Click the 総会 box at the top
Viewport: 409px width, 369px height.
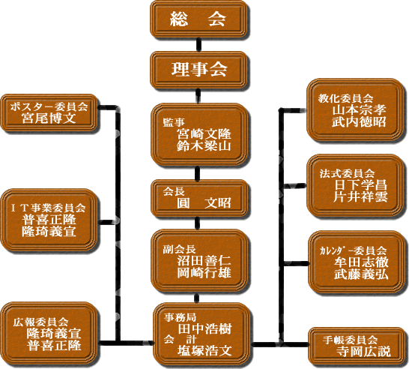pos(199,19)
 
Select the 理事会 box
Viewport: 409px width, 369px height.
pos(199,70)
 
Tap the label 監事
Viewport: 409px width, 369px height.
pos(174,122)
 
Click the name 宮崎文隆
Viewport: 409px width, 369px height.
pos(204,134)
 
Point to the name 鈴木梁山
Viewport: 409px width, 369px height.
pos(204,146)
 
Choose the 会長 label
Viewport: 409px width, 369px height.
pos(174,192)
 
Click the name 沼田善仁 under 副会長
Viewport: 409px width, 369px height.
pos(204,260)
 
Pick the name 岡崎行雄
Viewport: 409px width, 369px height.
pos(204,273)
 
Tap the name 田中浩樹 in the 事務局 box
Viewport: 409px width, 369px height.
pos(204,328)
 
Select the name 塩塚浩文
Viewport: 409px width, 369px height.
pos(204,351)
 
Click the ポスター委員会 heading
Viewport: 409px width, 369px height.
pos(49,106)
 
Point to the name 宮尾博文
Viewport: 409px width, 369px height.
pos(49,118)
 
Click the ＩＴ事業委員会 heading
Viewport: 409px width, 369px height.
pos(49,208)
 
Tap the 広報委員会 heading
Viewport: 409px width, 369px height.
pos(41,322)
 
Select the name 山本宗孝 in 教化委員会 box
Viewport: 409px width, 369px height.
pos(359,110)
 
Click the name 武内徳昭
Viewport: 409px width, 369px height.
pos(359,122)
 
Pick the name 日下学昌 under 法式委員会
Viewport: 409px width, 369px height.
pos(360,185)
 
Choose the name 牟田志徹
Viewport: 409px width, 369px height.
pos(361,262)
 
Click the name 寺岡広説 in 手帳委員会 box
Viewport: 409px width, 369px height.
pos(363,352)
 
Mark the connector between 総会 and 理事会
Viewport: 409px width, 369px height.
pos(199,45)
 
